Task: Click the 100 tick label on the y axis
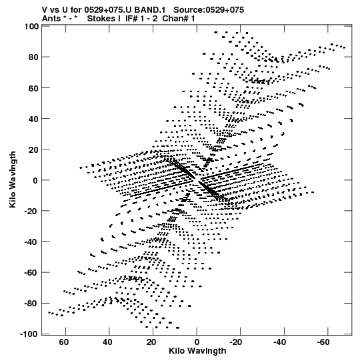click(x=31, y=27)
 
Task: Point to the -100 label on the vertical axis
click(x=29, y=334)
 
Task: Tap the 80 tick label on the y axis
click(x=33, y=57)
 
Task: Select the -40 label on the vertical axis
click(x=31, y=242)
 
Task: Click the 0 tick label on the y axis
click(x=35, y=180)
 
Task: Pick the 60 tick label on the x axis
click(x=64, y=342)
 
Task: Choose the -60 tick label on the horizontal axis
click(x=323, y=342)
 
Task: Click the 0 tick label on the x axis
click(x=197, y=342)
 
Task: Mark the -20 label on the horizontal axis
click(x=236, y=342)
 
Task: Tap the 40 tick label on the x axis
click(x=107, y=342)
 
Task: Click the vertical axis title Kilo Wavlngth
click(x=13, y=179)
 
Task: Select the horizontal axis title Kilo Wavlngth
click(x=197, y=351)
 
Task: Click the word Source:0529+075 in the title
click(x=209, y=10)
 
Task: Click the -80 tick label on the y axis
click(x=31, y=304)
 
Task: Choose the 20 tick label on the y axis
click(x=33, y=149)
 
